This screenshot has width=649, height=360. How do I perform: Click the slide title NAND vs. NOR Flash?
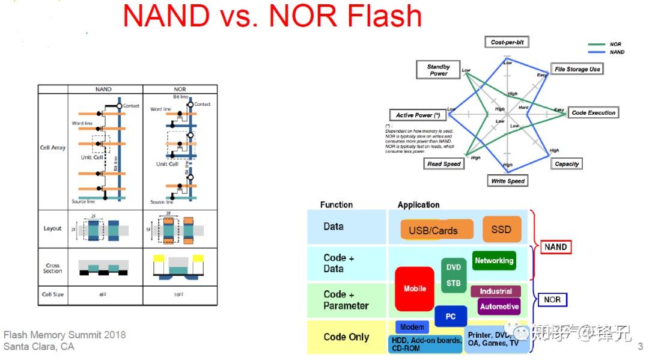coord(272,16)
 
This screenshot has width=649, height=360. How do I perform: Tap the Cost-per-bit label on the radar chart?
coord(506,42)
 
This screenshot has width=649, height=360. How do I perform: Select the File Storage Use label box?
coord(577,69)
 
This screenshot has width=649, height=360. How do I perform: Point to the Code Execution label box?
coord(593,112)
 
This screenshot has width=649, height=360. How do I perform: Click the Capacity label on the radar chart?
coord(566,163)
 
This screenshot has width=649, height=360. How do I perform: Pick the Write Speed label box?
coord(508,181)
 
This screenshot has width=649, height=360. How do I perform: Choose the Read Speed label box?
coord(443,163)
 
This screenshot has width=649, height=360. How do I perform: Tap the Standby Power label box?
coord(438,70)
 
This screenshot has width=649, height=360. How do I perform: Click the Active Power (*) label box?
coord(418,115)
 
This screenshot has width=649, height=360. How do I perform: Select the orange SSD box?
coord(501,229)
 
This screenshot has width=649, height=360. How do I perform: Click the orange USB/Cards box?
coord(433,230)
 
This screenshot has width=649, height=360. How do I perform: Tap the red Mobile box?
coord(415,288)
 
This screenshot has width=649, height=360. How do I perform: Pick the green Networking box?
coord(494,261)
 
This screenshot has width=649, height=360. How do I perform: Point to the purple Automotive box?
coord(499,307)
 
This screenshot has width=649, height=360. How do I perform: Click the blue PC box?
coord(451,316)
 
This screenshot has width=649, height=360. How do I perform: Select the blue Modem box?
coord(412,327)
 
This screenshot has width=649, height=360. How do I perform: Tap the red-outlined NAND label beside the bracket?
coord(555,247)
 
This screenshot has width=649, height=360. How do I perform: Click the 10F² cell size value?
coord(180,294)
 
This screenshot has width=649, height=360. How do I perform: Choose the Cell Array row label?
coord(53,147)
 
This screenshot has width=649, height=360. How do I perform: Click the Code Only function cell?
coord(346,337)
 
